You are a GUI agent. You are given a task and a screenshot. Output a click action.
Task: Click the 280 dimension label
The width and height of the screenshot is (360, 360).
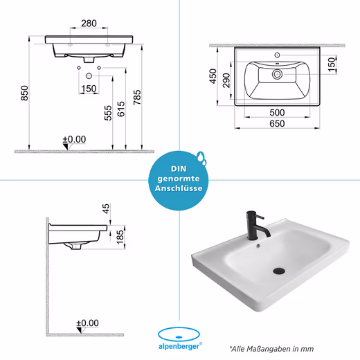[89, 24]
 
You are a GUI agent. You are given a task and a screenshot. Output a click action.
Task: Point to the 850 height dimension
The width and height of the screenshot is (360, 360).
[24, 93]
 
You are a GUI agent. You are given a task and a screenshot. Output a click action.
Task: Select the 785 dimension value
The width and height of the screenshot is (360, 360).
[137, 97]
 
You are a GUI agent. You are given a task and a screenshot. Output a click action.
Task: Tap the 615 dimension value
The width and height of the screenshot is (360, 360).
[121, 109]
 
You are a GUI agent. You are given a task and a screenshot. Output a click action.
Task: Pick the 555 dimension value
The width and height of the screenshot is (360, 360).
[108, 113]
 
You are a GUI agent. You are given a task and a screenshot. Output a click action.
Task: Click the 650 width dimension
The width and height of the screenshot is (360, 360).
[277, 124]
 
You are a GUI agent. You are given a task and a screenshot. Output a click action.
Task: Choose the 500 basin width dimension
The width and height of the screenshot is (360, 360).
[277, 113]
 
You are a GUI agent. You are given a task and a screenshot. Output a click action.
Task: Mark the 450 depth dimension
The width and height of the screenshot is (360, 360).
[213, 76]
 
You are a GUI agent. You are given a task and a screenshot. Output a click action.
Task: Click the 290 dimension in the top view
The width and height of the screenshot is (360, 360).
[226, 80]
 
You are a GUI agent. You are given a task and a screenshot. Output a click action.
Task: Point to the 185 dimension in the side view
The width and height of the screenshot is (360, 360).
[120, 237]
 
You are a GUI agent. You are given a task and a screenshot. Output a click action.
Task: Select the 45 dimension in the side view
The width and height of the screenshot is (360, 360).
[106, 208]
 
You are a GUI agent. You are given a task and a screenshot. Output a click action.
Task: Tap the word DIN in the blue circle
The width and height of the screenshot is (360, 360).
[179, 169]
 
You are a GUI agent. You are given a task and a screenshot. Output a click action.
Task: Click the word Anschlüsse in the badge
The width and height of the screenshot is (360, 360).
[179, 188]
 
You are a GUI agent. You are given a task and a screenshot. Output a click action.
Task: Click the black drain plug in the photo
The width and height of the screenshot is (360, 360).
[279, 271]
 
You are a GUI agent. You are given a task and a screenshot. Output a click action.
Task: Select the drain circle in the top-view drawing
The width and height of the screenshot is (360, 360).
[277, 74]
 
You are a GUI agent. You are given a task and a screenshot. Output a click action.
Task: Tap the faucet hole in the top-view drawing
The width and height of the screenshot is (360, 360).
[277, 55]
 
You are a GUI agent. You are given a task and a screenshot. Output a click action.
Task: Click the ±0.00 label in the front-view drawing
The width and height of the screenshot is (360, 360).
[74, 139]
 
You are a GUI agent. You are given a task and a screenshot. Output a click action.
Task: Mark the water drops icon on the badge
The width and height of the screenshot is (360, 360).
[201, 158]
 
